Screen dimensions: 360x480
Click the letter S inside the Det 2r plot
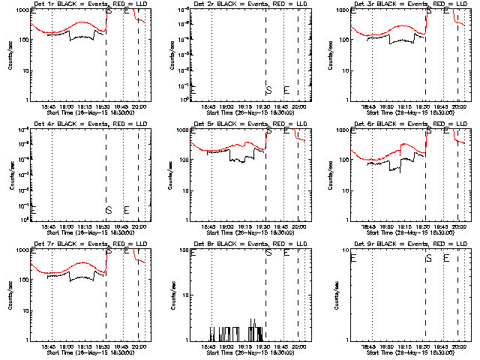point(268,90)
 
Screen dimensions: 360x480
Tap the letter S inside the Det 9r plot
point(428,258)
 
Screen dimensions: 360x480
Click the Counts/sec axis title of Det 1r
point(10,56)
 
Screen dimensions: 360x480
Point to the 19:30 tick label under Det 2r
point(265,107)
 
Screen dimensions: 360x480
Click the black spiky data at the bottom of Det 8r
point(232,332)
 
